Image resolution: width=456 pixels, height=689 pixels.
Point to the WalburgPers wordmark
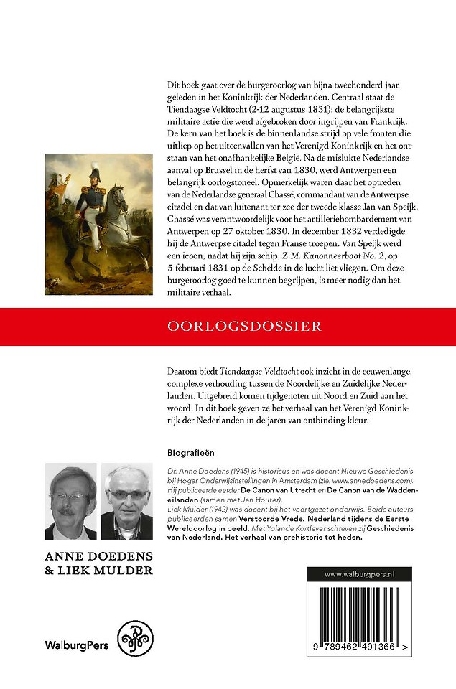[77, 645]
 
